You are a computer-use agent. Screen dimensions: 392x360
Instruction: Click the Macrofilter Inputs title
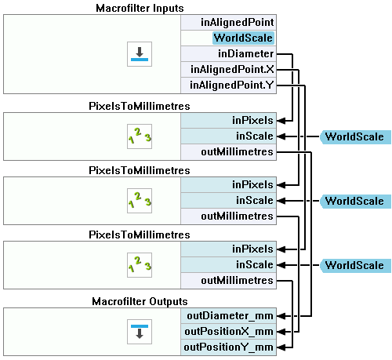[x=140, y=8]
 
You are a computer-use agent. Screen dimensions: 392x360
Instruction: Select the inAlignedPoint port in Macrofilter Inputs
[x=228, y=23]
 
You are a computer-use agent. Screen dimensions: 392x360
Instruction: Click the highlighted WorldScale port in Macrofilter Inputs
[x=243, y=38]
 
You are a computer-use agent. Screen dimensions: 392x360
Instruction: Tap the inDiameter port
[x=228, y=54]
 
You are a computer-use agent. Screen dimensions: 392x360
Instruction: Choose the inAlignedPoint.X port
[x=228, y=70]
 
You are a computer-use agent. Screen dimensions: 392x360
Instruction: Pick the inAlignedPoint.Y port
[x=228, y=85]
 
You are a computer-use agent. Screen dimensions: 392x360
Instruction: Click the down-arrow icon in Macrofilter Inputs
[x=140, y=54]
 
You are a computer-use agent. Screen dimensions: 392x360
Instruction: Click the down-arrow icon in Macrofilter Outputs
[x=140, y=332]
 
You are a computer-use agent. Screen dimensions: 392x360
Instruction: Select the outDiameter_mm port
[x=228, y=316]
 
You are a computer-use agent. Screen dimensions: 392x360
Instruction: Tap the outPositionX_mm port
[x=228, y=332]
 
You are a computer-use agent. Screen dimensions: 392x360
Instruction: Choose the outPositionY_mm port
[x=228, y=347]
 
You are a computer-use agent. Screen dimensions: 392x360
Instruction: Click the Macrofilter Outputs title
[x=140, y=301]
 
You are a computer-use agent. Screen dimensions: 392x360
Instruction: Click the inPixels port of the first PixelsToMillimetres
[x=228, y=121]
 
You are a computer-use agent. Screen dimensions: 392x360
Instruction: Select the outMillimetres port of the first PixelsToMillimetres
[x=228, y=152]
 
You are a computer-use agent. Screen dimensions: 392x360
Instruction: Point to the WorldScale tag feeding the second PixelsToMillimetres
[x=355, y=201]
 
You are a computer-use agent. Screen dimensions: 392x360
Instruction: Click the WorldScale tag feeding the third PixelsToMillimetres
[x=355, y=265]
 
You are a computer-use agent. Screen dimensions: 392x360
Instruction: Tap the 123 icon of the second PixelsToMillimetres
[x=140, y=201]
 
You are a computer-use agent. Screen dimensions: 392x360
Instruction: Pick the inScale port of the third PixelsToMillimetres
[x=228, y=265]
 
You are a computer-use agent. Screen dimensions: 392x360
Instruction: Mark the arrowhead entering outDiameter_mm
[x=281, y=316]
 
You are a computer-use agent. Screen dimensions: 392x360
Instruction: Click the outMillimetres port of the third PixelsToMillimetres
[x=228, y=281]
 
